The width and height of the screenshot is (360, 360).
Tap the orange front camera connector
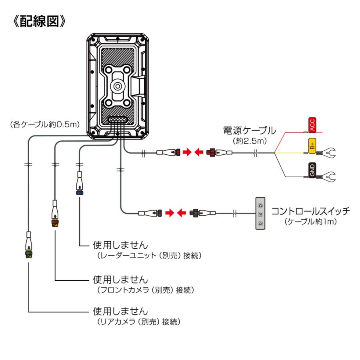point(55,222)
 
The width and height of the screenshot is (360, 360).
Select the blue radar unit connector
point(80,191)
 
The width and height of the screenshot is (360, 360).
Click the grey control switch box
point(260,214)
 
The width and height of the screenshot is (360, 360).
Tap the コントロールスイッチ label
point(310,211)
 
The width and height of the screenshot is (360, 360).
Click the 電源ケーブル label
point(249,130)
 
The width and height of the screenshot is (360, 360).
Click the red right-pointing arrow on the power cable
point(187,152)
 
